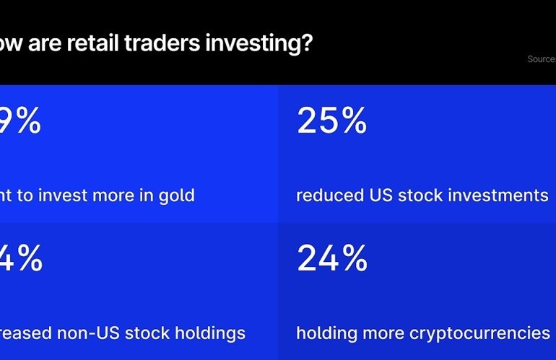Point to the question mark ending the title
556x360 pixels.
point(307,44)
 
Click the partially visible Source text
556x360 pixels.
point(541,59)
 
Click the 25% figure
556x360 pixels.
point(331,121)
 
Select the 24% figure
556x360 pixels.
point(331,258)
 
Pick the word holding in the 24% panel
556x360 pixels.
point(327,333)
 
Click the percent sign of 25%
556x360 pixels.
point(353,121)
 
